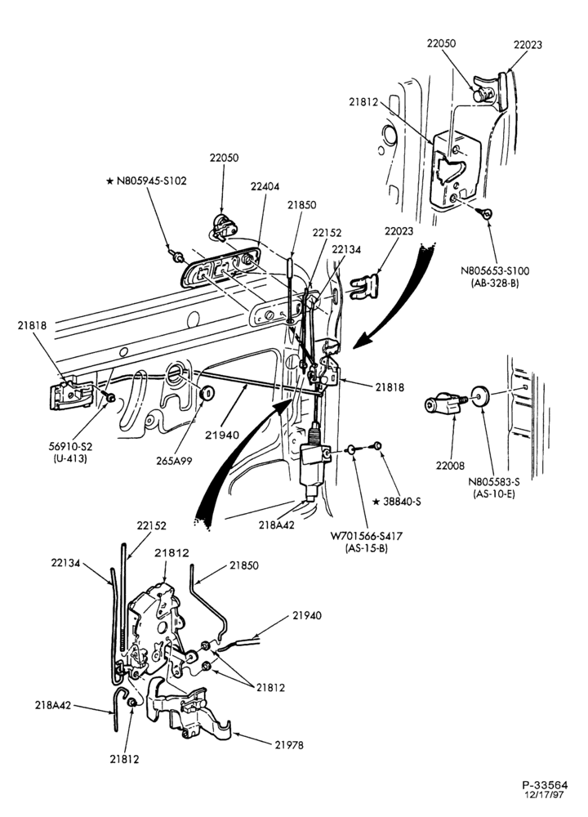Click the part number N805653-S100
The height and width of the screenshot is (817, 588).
494,271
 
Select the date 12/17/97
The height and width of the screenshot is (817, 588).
545,795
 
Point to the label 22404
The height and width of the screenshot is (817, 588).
265,186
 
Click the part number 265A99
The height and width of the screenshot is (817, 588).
175,461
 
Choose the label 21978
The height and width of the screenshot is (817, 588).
289,745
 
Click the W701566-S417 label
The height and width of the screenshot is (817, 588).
366,536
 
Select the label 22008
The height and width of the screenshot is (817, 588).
451,466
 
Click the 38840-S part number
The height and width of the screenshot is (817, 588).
401,502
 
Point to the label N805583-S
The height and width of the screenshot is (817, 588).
494,482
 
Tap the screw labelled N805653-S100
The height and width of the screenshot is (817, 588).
487,212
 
